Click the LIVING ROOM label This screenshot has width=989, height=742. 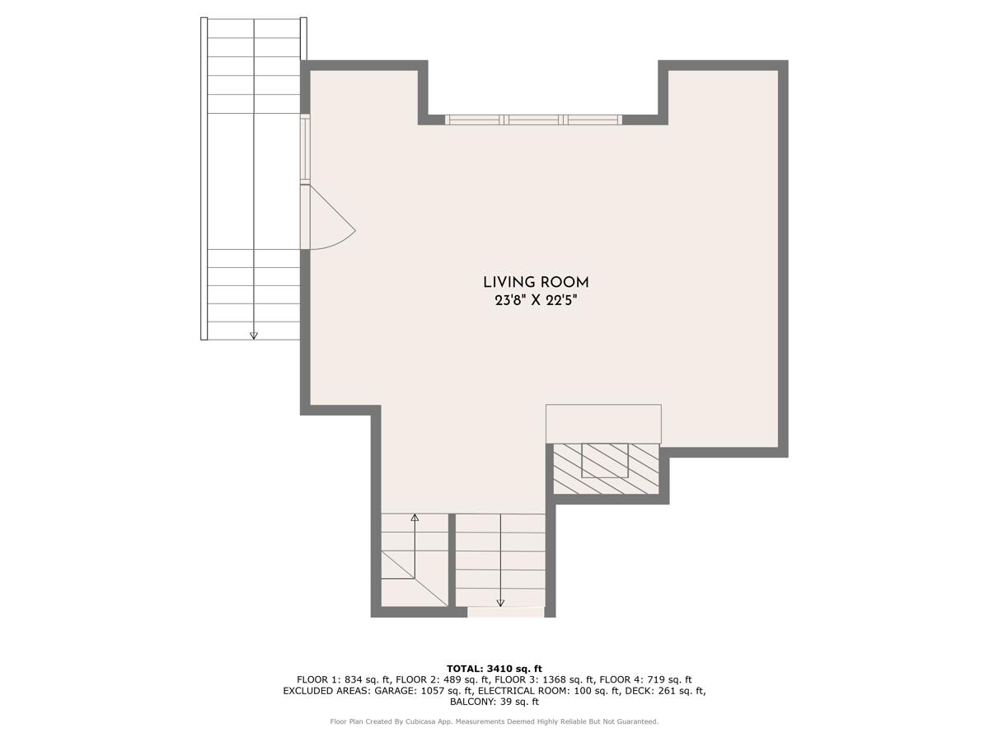pos(536,283)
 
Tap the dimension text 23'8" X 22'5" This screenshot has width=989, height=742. pos(536,301)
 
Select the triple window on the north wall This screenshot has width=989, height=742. pos(533,120)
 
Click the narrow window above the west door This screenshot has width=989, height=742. pos(305,148)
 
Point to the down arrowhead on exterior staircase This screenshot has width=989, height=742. pos(254,335)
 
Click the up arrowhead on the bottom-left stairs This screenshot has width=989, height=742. pos(415,518)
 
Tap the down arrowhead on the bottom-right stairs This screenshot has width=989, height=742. pos(500,602)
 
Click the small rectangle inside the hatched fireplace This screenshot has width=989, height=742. pos(605,460)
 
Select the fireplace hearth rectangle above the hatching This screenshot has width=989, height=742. pos(603,424)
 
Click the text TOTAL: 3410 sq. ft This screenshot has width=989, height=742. pos(494,669)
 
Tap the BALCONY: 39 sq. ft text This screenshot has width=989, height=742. pos(494,702)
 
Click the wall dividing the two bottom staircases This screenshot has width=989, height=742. pos(452,561)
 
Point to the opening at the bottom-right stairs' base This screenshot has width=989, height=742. pos(505,613)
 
